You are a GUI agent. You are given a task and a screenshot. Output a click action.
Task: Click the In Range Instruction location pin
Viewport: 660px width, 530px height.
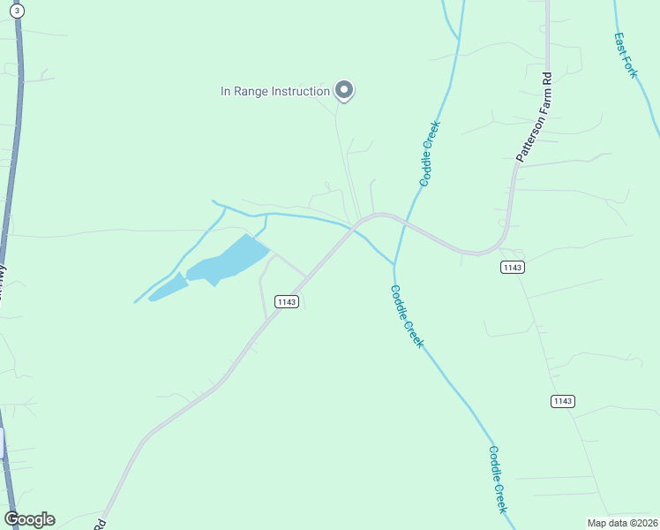(x=344, y=90)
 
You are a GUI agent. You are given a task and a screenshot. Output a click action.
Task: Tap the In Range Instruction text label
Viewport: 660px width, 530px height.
(x=274, y=91)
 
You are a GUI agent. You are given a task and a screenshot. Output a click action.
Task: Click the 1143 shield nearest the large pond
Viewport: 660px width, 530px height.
(x=286, y=301)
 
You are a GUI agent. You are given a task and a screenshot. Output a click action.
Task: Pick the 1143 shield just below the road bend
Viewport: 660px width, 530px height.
(x=512, y=267)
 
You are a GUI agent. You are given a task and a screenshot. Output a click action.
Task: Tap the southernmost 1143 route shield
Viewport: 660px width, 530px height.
(x=563, y=401)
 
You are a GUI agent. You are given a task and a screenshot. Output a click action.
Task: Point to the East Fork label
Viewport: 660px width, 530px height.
(x=625, y=55)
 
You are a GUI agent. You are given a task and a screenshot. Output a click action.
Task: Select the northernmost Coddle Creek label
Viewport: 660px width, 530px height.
(x=430, y=153)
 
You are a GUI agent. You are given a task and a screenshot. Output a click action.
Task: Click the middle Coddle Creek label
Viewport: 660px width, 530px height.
(x=407, y=315)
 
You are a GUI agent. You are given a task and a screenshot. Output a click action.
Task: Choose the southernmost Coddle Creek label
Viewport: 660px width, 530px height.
(x=498, y=479)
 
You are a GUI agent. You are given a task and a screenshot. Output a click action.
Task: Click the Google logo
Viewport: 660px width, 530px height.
(x=29, y=519)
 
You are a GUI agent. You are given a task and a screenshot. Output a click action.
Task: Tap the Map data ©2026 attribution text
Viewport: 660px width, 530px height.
(x=622, y=523)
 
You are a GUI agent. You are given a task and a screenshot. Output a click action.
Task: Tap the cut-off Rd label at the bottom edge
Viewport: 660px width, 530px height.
(x=100, y=524)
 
